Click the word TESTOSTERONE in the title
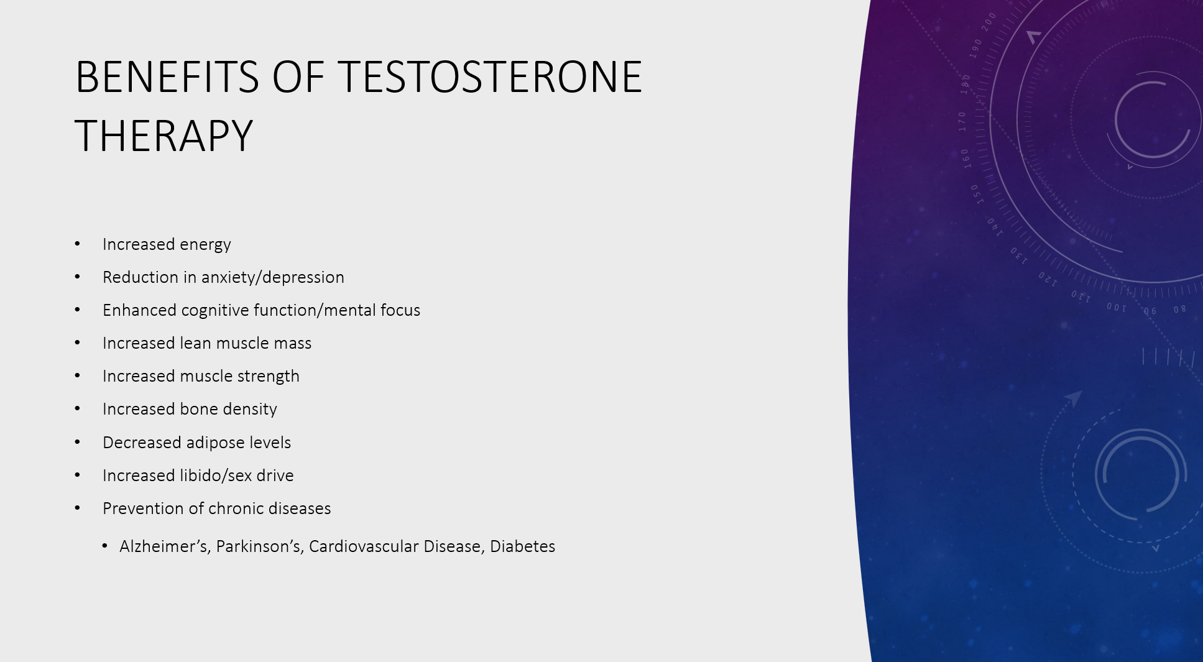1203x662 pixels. click(x=490, y=77)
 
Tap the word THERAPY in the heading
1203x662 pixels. click(x=164, y=136)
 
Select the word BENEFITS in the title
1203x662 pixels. click(x=167, y=77)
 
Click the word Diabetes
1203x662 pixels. click(x=522, y=546)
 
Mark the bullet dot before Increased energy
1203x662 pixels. click(x=78, y=244)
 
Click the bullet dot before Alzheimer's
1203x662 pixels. click(x=104, y=546)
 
